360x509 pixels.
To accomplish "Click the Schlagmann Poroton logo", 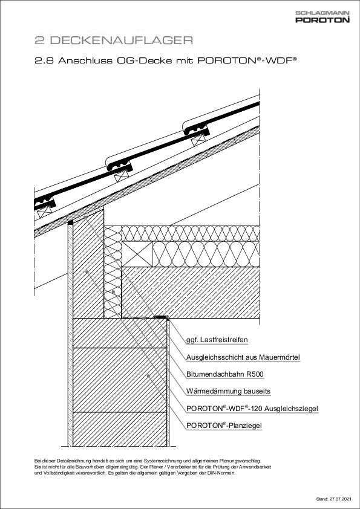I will click(x=322, y=17).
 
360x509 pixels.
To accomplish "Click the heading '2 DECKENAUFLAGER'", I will click(x=114, y=41).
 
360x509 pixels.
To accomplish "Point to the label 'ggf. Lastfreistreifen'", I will click(x=217, y=341).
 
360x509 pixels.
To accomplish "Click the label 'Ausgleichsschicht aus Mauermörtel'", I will click(x=243, y=358).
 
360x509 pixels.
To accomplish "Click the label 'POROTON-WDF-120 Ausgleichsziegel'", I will click(x=252, y=409).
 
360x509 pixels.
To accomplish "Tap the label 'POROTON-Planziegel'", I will click(x=224, y=426).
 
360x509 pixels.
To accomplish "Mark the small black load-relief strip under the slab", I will click(x=160, y=316).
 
